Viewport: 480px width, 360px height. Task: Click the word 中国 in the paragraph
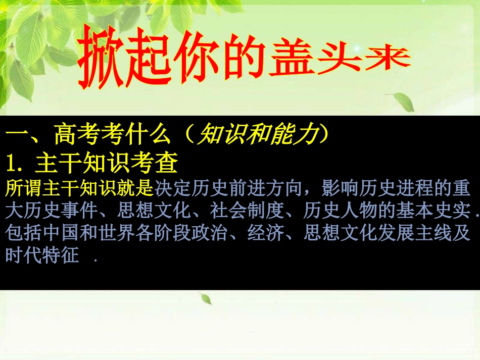coord(61,234)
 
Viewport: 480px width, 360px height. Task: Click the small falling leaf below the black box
coord(206,299)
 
